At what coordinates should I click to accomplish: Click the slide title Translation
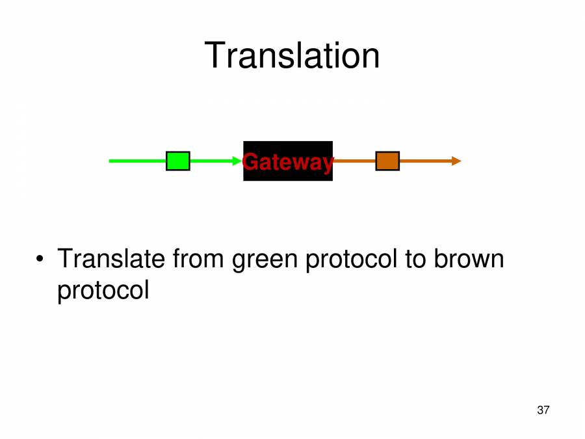coord(292,55)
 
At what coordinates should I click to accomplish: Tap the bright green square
coord(177,161)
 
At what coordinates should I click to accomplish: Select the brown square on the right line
coord(387,161)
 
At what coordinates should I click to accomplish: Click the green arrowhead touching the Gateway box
coord(237,161)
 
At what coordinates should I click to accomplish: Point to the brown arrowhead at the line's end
coord(456,161)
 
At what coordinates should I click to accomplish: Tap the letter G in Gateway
coord(249,162)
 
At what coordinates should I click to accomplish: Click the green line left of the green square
coord(137,161)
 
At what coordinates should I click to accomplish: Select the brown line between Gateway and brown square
coord(354,161)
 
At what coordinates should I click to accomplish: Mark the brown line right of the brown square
coord(425,161)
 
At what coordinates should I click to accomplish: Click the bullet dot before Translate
coord(40,260)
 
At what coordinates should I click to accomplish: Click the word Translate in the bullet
coord(110,259)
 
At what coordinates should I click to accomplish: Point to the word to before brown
coord(414,260)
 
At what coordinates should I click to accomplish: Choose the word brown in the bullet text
coord(469,259)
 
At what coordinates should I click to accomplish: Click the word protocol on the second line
coord(103,290)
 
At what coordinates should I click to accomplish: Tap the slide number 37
coord(543,410)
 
